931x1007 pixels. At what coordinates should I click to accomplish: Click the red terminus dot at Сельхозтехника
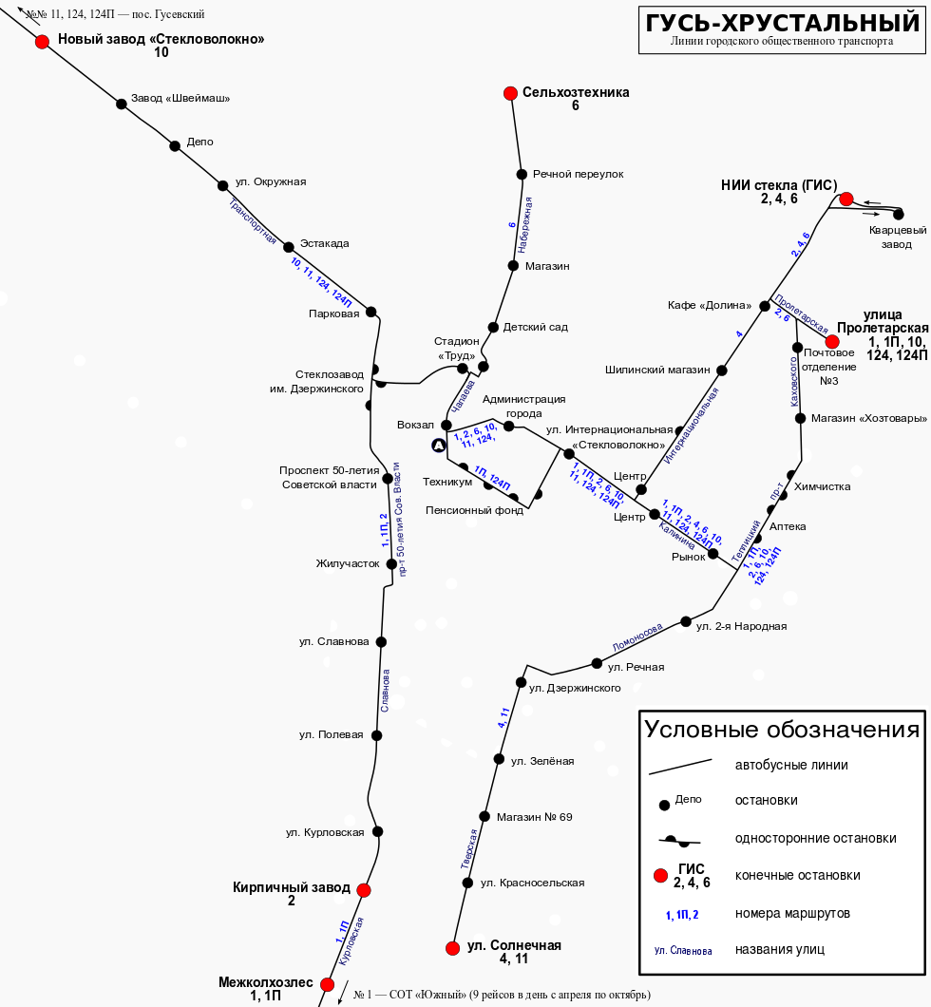pyautogui.click(x=510, y=94)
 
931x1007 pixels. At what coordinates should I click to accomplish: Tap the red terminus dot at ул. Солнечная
pyautogui.click(x=452, y=948)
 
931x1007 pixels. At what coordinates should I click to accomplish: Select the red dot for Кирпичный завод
pyautogui.click(x=364, y=890)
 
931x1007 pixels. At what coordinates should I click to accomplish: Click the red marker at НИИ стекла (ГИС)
pyautogui.click(x=846, y=199)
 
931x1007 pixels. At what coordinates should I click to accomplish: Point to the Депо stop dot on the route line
pyautogui.click(x=175, y=145)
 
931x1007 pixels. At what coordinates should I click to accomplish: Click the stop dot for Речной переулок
pyautogui.click(x=522, y=174)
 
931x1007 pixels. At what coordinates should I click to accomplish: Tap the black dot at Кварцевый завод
pyautogui.click(x=899, y=215)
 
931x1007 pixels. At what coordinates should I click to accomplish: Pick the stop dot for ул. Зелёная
pyautogui.click(x=499, y=759)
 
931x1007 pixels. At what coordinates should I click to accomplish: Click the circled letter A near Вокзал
pyautogui.click(x=439, y=445)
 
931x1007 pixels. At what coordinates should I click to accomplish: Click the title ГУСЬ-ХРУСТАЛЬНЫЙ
pyautogui.click(x=782, y=23)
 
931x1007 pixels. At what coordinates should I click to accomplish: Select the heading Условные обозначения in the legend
pyautogui.click(x=782, y=730)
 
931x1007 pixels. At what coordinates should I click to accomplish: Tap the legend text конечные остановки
pyautogui.click(x=797, y=875)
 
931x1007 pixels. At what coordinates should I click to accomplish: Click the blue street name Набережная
pyautogui.click(x=525, y=225)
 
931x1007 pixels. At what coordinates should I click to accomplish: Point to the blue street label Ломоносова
pyautogui.click(x=636, y=637)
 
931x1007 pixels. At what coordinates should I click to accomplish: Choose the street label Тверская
pyautogui.click(x=469, y=849)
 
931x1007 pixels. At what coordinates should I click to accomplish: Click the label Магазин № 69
pyautogui.click(x=534, y=817)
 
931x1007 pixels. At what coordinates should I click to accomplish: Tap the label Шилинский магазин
pyautogui.click(x=657, y=370)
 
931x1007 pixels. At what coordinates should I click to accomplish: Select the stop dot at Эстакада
pyautogui.click(x=289, y=247)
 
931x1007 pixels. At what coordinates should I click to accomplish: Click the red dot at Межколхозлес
pyautogui.click(x=328, y=984)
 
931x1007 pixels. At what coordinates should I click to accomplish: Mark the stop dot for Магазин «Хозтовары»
pyautogui.click(x=800, y=418)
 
